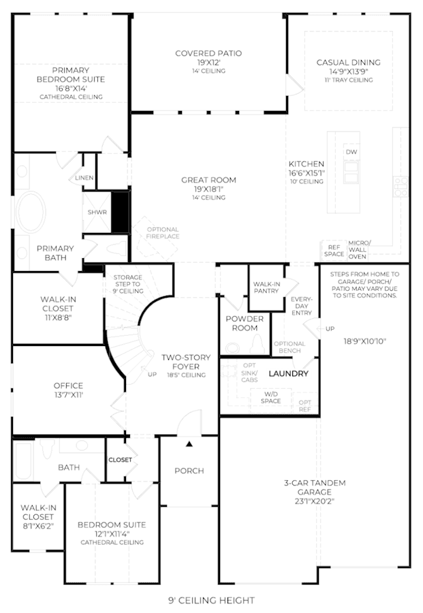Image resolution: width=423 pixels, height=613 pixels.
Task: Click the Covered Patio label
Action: pyautogui.click(x=208, y=53)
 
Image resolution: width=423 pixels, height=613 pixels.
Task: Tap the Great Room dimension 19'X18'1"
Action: pyautogui.click(x=208, y=189)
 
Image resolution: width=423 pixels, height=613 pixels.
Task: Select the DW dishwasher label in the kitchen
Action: pyautogui.click(x=351, y=152)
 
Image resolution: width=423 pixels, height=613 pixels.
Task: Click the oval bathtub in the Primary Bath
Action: pyautogui.click(x=30, y=212)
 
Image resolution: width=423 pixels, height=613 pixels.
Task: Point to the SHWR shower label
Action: pyautogui.click(x=97, y=213)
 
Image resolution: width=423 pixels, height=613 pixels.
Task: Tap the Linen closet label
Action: pyautogui.click(x=84, y=178)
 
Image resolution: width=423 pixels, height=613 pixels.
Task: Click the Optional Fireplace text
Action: pyautogui.click(x=163, y=233)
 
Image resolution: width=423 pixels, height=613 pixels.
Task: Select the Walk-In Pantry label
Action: pyautogui.click(x=266, y=287)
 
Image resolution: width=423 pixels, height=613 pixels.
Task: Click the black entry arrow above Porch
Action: pyautogui.click(x=189, y=443)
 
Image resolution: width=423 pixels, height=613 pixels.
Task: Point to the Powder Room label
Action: pyautogui.click(x=245, y=324)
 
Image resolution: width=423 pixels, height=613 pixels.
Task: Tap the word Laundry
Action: pyautogui.click(x=289, y=374)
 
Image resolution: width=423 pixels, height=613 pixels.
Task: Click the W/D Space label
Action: pyautogui.click(x=270, y=398)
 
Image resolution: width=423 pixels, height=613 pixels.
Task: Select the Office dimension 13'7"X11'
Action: pyautogui.click(x=68, y=395)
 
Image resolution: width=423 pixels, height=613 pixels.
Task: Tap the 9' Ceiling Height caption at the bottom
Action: pyautogui.click(x=211, y=600)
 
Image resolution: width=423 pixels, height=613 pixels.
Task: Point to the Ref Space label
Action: pyautogui.click(x=334, y=251)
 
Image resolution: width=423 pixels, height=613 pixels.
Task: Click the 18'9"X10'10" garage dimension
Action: pyautogui.click(x=364, y=341)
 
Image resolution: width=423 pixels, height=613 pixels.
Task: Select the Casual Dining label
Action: pyautogui.click(x=348, y=63)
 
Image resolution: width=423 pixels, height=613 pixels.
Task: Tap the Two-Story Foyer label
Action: pyautogui.click(x=186, y=362)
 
